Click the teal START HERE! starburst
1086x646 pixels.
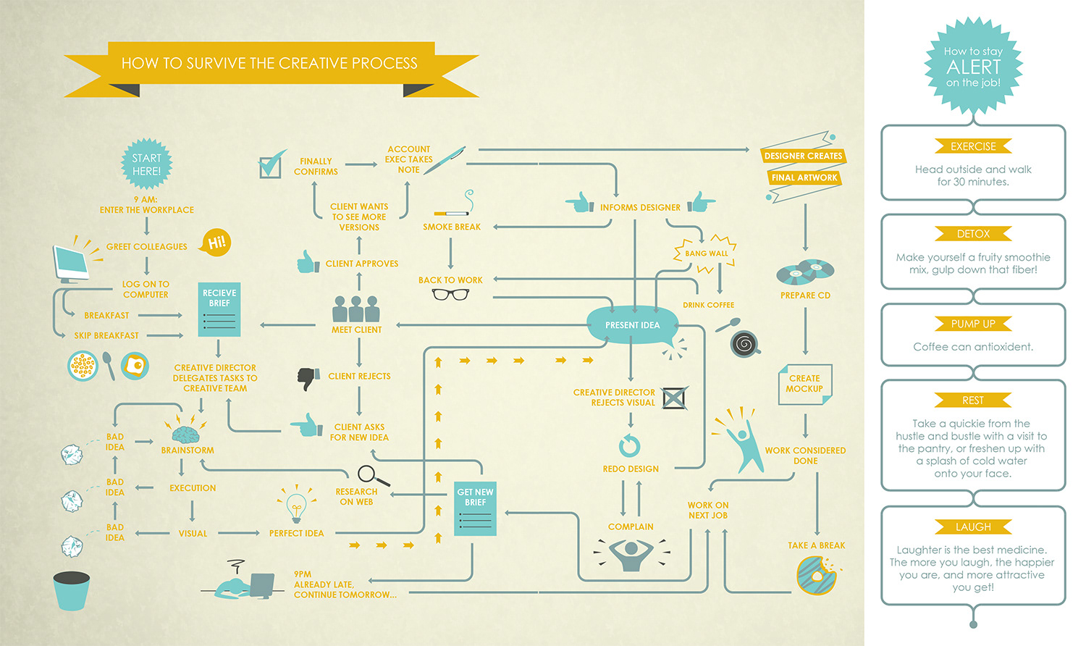coord(146,164)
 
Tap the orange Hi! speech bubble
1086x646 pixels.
coord(216,242)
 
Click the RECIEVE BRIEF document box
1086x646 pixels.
coord(219,309)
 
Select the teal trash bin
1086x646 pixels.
coord(72,590)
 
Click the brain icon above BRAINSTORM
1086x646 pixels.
coord(185,434)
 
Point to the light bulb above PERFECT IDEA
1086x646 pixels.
coord(295,506)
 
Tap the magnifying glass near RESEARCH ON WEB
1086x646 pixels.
coord(372,476)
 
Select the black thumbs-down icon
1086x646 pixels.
coord(308,378)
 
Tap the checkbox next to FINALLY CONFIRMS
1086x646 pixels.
coord(271,166)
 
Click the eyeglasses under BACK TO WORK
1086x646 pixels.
coord(450,295)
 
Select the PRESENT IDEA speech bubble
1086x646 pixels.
coord(632,325)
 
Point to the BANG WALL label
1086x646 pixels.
coord(706,253)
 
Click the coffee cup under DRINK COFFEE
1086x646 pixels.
coord(744,343)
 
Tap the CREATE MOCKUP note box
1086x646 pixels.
coord(804,384)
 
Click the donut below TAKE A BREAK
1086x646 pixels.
coord(816,576)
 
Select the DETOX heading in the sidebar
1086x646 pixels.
coord(973,234)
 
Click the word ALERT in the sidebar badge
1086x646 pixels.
coord(973,67)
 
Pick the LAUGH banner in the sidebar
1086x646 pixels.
coord(973,527)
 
